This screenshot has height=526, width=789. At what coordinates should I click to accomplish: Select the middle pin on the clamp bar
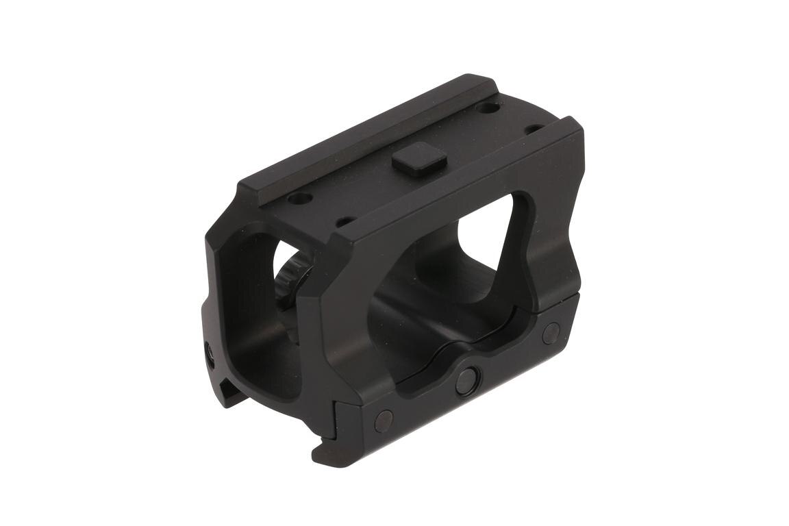(x=467, y=379)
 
